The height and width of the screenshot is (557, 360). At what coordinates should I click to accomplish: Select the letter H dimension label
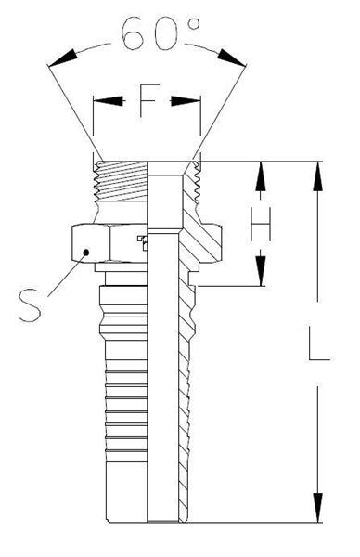(262, 226)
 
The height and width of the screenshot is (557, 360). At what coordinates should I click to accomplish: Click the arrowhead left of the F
(103, 101)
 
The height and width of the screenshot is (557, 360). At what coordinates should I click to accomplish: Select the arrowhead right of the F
(191, 101)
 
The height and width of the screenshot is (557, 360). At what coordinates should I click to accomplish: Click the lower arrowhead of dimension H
(262, 277)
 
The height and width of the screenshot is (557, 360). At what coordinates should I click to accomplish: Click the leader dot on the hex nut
(85, 251)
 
